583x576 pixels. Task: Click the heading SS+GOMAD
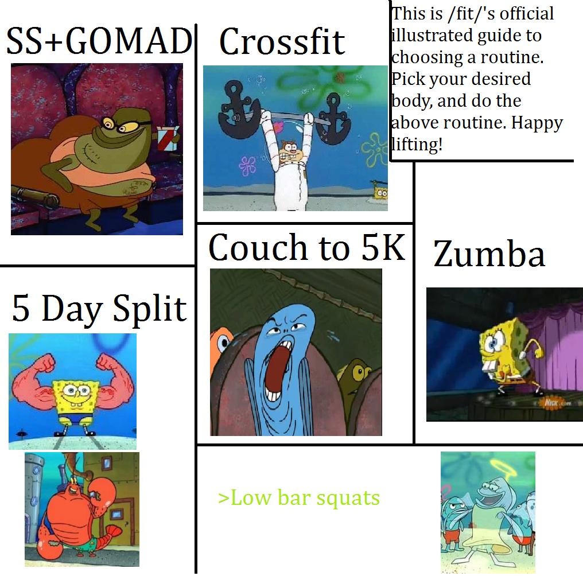click(x=99, y=41)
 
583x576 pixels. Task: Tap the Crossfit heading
click(x=282, y=41)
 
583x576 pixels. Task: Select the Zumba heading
click(x=489, y=254)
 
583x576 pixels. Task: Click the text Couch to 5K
click(x=307, y=247)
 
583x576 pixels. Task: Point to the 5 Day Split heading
click(x=99, y=309)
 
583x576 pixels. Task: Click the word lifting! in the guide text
click(x=417, y=144)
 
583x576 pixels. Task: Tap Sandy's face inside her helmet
click(x=289, y=151)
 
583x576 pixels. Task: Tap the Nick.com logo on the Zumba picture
click(x=554, y=403)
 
